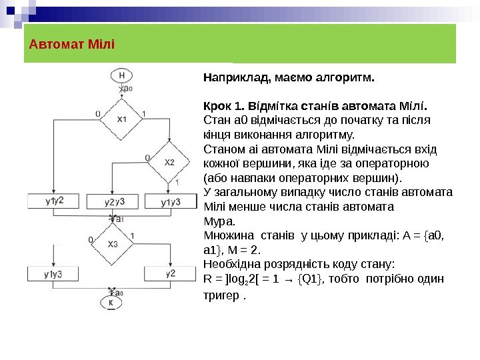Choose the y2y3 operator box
coord(115,201)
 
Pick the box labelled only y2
coord(171,273)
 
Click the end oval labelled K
coord(112,303)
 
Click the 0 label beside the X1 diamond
coord(97,114)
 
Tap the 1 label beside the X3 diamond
coord(133,235)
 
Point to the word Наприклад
coord(234,78)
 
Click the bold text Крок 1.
coord(219,107)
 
